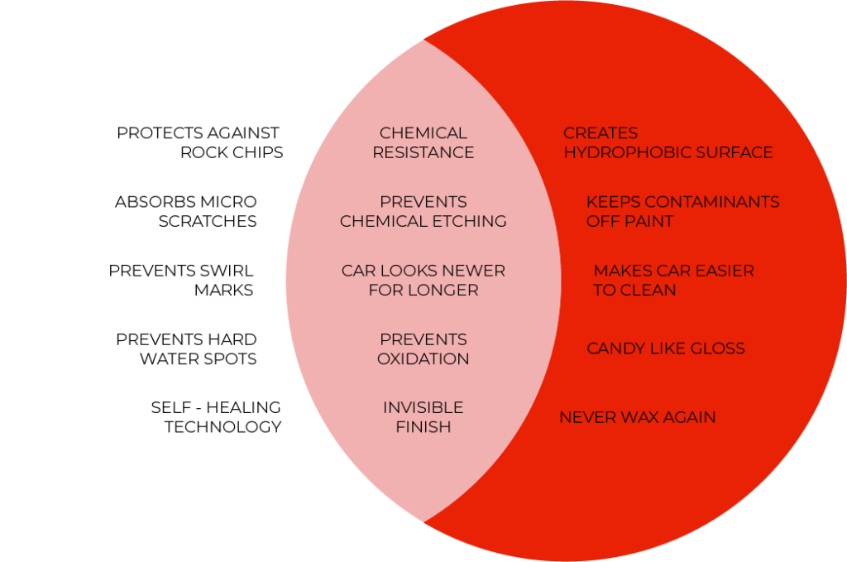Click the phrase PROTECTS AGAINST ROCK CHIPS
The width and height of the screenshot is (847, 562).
coord(199,142)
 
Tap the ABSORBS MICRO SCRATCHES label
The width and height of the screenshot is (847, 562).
coord(186,211)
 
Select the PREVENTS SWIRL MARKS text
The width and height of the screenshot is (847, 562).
coord(181,280)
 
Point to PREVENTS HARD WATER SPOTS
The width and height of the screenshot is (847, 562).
coord(186,348)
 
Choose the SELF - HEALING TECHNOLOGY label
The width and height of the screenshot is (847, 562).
coord(216,416)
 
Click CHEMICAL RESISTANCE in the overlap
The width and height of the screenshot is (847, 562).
coord(423,142)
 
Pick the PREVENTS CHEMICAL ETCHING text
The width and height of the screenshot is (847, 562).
coord(423,211)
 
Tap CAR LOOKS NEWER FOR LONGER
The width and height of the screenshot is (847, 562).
coord(423,280)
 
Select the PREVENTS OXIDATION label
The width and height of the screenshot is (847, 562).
coord(423,348)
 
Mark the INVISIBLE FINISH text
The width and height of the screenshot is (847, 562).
coord(423,416)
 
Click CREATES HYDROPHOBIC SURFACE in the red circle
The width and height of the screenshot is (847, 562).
coord(668,142)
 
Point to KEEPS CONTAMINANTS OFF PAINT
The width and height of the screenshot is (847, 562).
coord(682,211)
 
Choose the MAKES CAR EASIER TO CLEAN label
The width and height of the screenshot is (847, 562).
coord(673,280)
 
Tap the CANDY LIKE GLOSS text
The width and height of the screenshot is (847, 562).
coord(666,348)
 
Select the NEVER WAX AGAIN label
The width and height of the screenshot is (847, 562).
coord(638,417)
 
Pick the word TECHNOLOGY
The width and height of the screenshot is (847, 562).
coord(223,427)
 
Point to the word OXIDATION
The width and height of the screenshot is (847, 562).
coord(423,359)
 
